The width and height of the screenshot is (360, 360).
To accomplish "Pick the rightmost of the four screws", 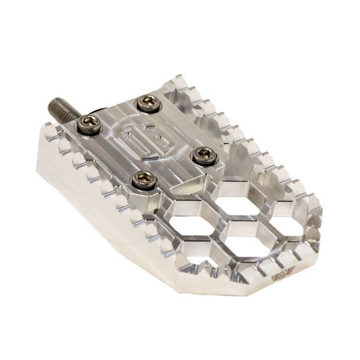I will [202, 154].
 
